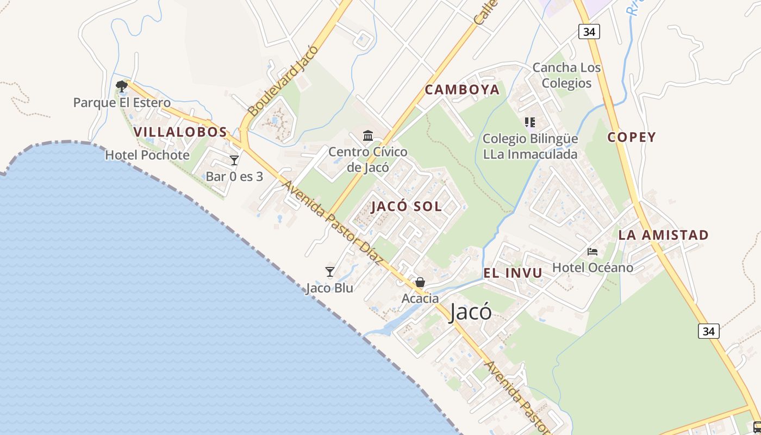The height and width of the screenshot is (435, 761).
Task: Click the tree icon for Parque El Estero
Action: coord(121,86)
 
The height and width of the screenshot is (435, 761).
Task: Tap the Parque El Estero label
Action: coord(122,102)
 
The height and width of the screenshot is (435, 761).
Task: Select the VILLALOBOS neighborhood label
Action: coord(180,132)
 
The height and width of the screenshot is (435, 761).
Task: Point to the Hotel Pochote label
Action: coord(147,155)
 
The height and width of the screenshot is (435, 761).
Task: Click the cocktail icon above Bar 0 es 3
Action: coord(234,160)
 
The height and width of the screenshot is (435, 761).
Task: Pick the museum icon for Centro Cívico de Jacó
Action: coord(368,135)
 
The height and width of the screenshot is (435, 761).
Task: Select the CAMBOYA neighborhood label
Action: coord(462,90)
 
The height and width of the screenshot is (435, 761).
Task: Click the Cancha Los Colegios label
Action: coord(566,75)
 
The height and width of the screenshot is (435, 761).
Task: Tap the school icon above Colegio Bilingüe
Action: coord(530,122)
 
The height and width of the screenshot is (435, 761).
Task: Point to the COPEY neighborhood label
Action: coord(632,137)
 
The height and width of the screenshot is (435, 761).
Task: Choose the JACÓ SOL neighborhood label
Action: coord(407,207)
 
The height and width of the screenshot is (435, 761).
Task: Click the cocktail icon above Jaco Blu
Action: coord(330,271)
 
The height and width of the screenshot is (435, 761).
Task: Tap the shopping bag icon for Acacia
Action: coord(420,282)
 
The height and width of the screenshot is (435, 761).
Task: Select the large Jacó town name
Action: coord(471,312)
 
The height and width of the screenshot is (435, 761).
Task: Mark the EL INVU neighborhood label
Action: coord(513,273)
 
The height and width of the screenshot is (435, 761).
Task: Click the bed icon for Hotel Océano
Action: coord(592,251)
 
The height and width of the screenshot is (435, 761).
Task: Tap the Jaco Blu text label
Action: coord(329,288)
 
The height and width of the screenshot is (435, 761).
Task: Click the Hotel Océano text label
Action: coord(592,268)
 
